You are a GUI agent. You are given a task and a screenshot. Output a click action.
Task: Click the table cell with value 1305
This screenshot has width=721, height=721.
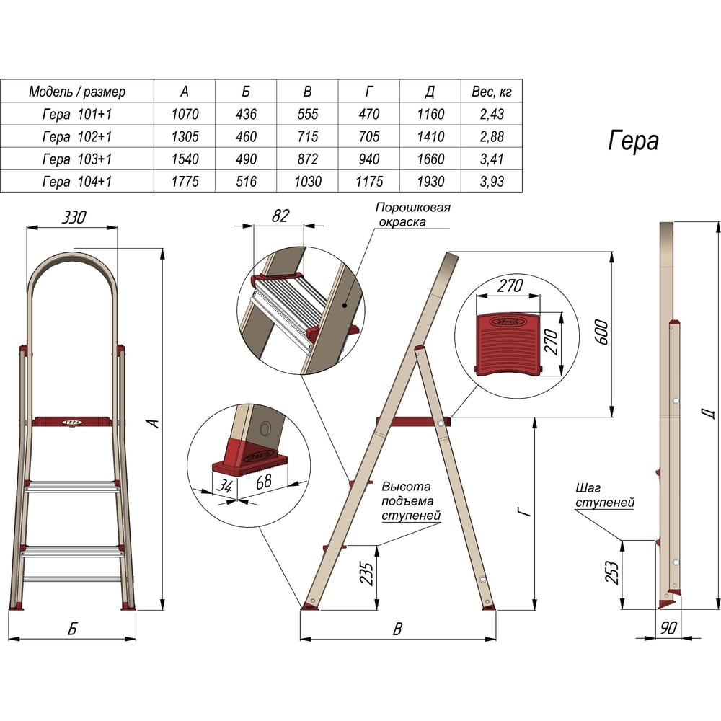[185, 136]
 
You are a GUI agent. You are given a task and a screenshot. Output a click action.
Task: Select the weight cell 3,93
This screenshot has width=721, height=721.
[492, 181]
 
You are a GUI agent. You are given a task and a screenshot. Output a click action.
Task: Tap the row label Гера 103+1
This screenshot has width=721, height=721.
[77, 159]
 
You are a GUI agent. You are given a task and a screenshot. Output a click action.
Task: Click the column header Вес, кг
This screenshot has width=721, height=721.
[492, 92]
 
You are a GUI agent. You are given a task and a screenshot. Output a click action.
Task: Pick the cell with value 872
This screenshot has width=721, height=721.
[308, 159]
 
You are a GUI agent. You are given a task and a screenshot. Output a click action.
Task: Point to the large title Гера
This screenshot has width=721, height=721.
[633, 141]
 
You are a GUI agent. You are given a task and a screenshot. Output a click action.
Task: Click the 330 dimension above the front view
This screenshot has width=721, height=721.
[74, 217]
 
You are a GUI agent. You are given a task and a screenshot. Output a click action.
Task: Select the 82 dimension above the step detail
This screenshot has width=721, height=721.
[280, 216]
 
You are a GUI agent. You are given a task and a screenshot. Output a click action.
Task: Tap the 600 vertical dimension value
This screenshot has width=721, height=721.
[601, 332]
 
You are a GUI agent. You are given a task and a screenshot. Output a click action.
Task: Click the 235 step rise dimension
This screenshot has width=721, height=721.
[366, 573]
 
